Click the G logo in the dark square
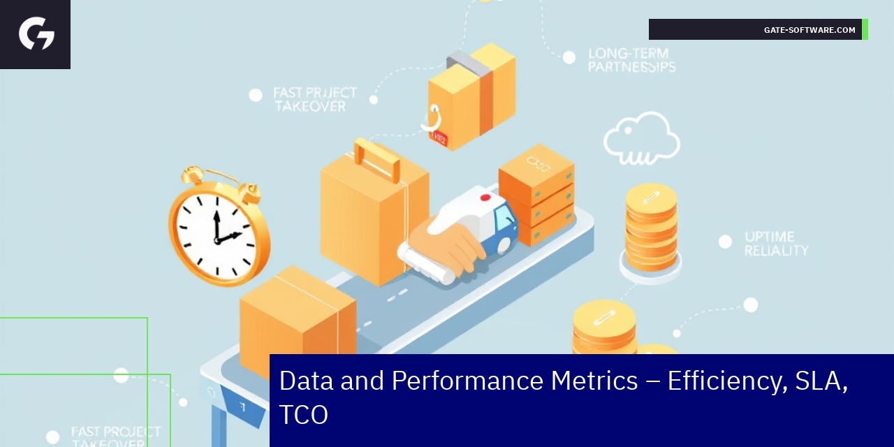point(36,34)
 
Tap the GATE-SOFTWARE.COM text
point(809,30)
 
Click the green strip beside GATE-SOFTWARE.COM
point(865,29)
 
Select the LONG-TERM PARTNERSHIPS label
point(631,60)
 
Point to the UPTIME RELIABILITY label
point(775,243)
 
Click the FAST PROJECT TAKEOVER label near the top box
point(314,99)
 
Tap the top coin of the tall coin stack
point(651,198)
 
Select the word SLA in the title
point(821,381)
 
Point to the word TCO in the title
point(303,415)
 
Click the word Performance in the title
point(514,381)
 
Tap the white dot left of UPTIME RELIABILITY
point(725,242)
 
